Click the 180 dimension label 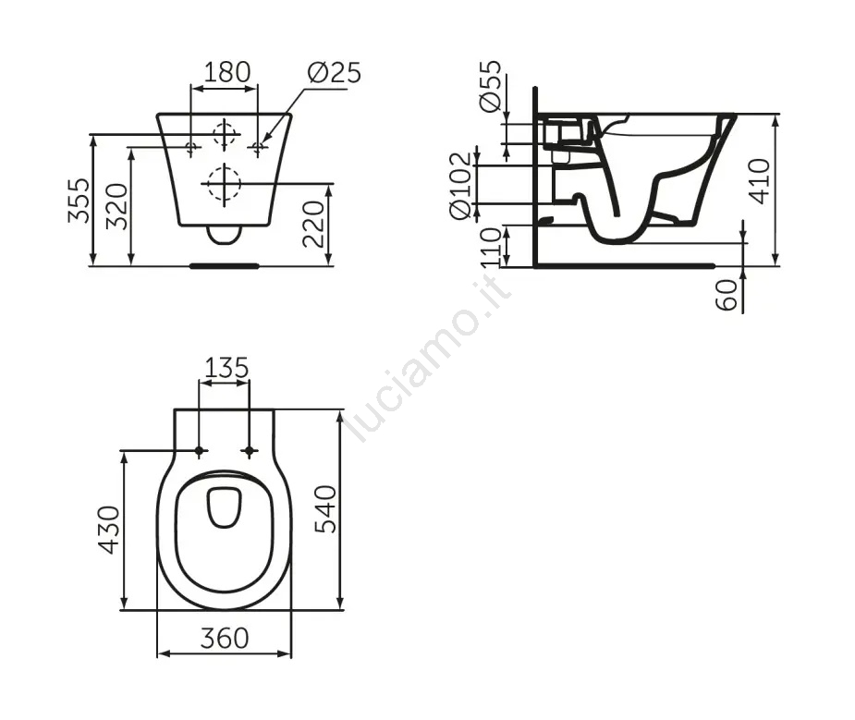pos(226,71)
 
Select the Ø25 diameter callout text pos(335,72)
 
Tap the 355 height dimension pos(79,200)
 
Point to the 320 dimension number pos(116,206)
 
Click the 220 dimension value pos(313,224)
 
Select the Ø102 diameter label pos(459,186)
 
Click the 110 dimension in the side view pos(491,248)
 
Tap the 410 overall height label pos(759,181)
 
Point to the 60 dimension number pos(727,295)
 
